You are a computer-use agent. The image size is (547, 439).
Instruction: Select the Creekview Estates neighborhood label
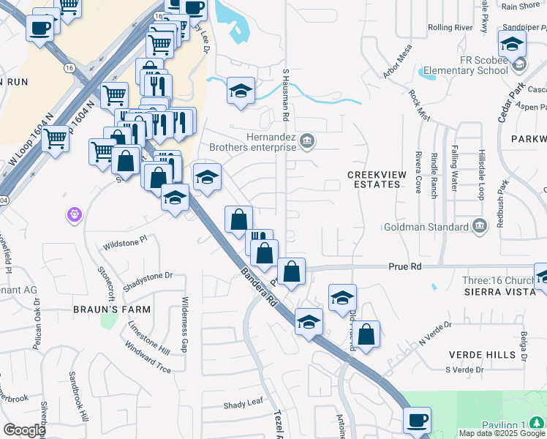point(374,179)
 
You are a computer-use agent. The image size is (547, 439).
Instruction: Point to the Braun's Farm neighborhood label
point(112,309)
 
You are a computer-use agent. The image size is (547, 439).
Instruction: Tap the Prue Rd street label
point(406,267)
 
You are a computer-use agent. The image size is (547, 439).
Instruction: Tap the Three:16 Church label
point(497,280)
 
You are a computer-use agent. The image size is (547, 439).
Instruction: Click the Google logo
point(24,430)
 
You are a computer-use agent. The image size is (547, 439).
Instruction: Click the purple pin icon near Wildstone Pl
point(75,214)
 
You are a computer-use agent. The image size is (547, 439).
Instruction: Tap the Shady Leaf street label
point(243,404)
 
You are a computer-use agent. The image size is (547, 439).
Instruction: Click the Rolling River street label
point(450,27)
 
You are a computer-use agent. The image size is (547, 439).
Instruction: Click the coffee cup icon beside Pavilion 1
point(418,420)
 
